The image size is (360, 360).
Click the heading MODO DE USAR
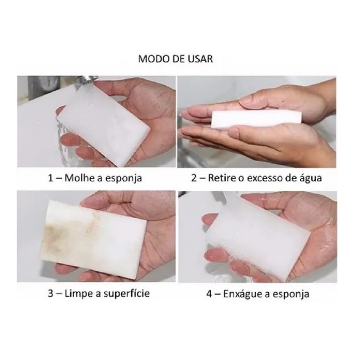coord(175,59)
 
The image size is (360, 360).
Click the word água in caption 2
coord(310,178)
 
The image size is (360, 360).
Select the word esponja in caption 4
coord(291,295)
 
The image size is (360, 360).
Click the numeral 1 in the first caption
coord(50,178)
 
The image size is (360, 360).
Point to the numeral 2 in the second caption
coord(194,178)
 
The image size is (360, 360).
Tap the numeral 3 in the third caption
coord(51,294)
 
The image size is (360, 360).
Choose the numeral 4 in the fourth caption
coord(209,294)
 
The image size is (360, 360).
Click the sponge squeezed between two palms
coord(256,118)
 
